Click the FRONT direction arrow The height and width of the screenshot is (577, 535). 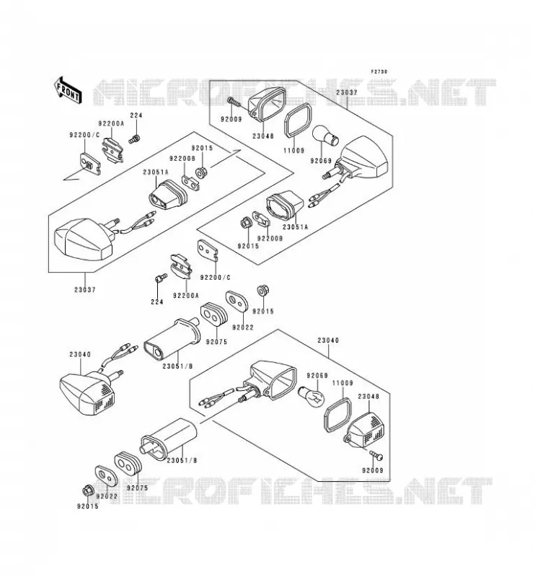(x=67, y=89)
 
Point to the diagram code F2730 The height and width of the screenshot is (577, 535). (x=379, y=71)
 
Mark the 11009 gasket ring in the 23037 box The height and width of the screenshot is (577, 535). (x=298, y=120)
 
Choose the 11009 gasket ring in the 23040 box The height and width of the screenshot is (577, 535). (x=337, y=414)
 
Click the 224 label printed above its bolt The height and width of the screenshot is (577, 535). (x=136, y=115)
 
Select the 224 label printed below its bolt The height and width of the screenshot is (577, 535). (x=157, y=301)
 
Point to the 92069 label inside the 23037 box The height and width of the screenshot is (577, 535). (x=321, y=161)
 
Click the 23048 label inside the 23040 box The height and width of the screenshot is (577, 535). (x=368, y=396)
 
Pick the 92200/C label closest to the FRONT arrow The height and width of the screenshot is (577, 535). (x=84, y=135)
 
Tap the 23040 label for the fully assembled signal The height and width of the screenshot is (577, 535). (x=80, y=355)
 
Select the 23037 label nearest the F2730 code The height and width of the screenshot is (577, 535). (x=347, y=93)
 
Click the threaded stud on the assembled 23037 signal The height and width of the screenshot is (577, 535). (x=114, y=221)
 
